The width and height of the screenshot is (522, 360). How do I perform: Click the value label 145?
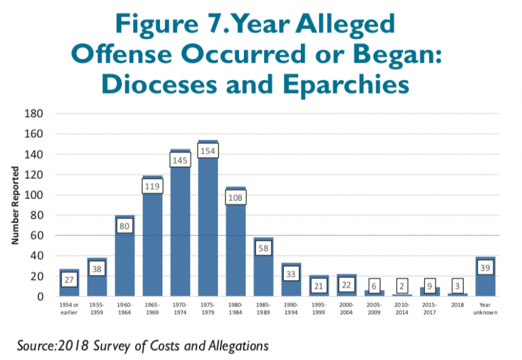180,159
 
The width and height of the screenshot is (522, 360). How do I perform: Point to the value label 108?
236,197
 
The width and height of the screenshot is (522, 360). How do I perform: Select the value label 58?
263,248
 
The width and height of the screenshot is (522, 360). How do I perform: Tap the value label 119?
153,185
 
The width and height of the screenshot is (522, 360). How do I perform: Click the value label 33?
291,273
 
